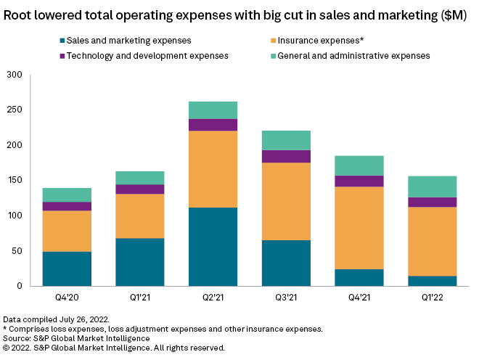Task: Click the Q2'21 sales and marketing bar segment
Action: pyautogui.click(x=213, y=247)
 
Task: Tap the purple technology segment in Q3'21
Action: pyautogui.click(x=286, y=156)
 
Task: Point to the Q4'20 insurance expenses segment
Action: pyautogui.click(x=67, y=231)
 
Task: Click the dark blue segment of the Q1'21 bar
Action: pyautogui.click(x=140, y=262)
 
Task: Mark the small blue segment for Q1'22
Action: pyautogui.click(x=432, y=281)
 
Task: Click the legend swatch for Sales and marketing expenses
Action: pyautogui.click(x=60, y=41)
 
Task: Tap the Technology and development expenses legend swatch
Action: pyautogui.click(x=60, y=56)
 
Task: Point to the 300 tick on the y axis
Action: pyautogui.click(x=15, y=75)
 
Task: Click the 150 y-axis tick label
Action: pyautogui.click(x=15, y=181)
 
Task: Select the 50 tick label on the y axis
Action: pyautogui.click(x=17, y=251)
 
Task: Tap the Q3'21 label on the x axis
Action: pyautogui.click(x=286, y=298)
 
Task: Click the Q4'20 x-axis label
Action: pyautogui.click(x=67, y=298)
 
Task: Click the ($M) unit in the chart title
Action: pyautogui.click(x=452, y=15)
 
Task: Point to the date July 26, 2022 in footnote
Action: pyautogui.click(x=86, y=319)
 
